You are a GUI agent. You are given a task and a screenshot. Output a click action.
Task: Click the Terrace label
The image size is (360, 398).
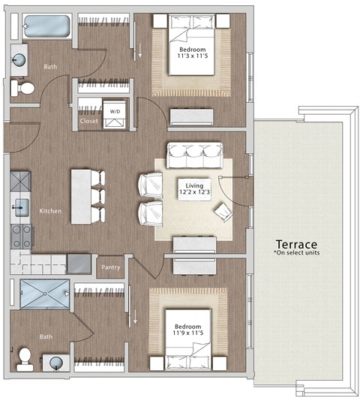295,245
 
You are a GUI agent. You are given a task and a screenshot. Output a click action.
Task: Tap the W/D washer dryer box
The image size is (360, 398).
116,110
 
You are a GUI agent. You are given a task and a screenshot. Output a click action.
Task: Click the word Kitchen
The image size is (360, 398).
51,211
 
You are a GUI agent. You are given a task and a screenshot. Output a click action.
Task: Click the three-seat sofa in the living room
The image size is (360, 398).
193,154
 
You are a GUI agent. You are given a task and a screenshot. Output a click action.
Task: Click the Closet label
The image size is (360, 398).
88,120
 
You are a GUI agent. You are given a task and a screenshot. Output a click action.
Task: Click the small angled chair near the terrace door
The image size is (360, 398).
223,213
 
